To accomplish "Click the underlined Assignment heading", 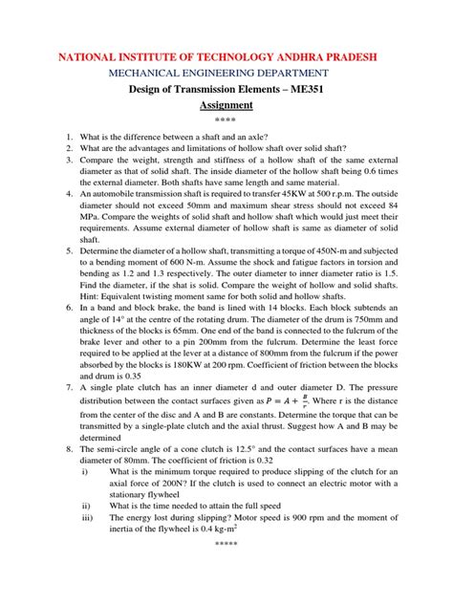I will tap(226, 105).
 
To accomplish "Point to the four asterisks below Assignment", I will tap(226, 119).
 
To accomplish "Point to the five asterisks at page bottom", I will tap(226, 577).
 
